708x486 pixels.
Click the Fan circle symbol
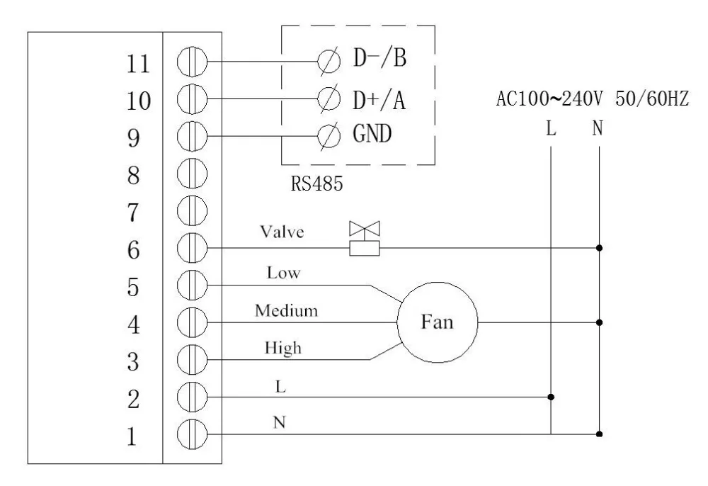pos(437,322)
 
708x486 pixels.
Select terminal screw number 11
pos(190,62)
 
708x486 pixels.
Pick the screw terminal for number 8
pos(190,172)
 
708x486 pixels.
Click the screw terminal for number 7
pos(190,210)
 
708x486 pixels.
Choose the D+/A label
pos(379,97)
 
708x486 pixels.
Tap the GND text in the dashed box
pos(372,135)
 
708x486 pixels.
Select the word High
pos(282,347)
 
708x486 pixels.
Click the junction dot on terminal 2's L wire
pos(551,397)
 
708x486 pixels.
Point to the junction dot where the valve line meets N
pos(600,248)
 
